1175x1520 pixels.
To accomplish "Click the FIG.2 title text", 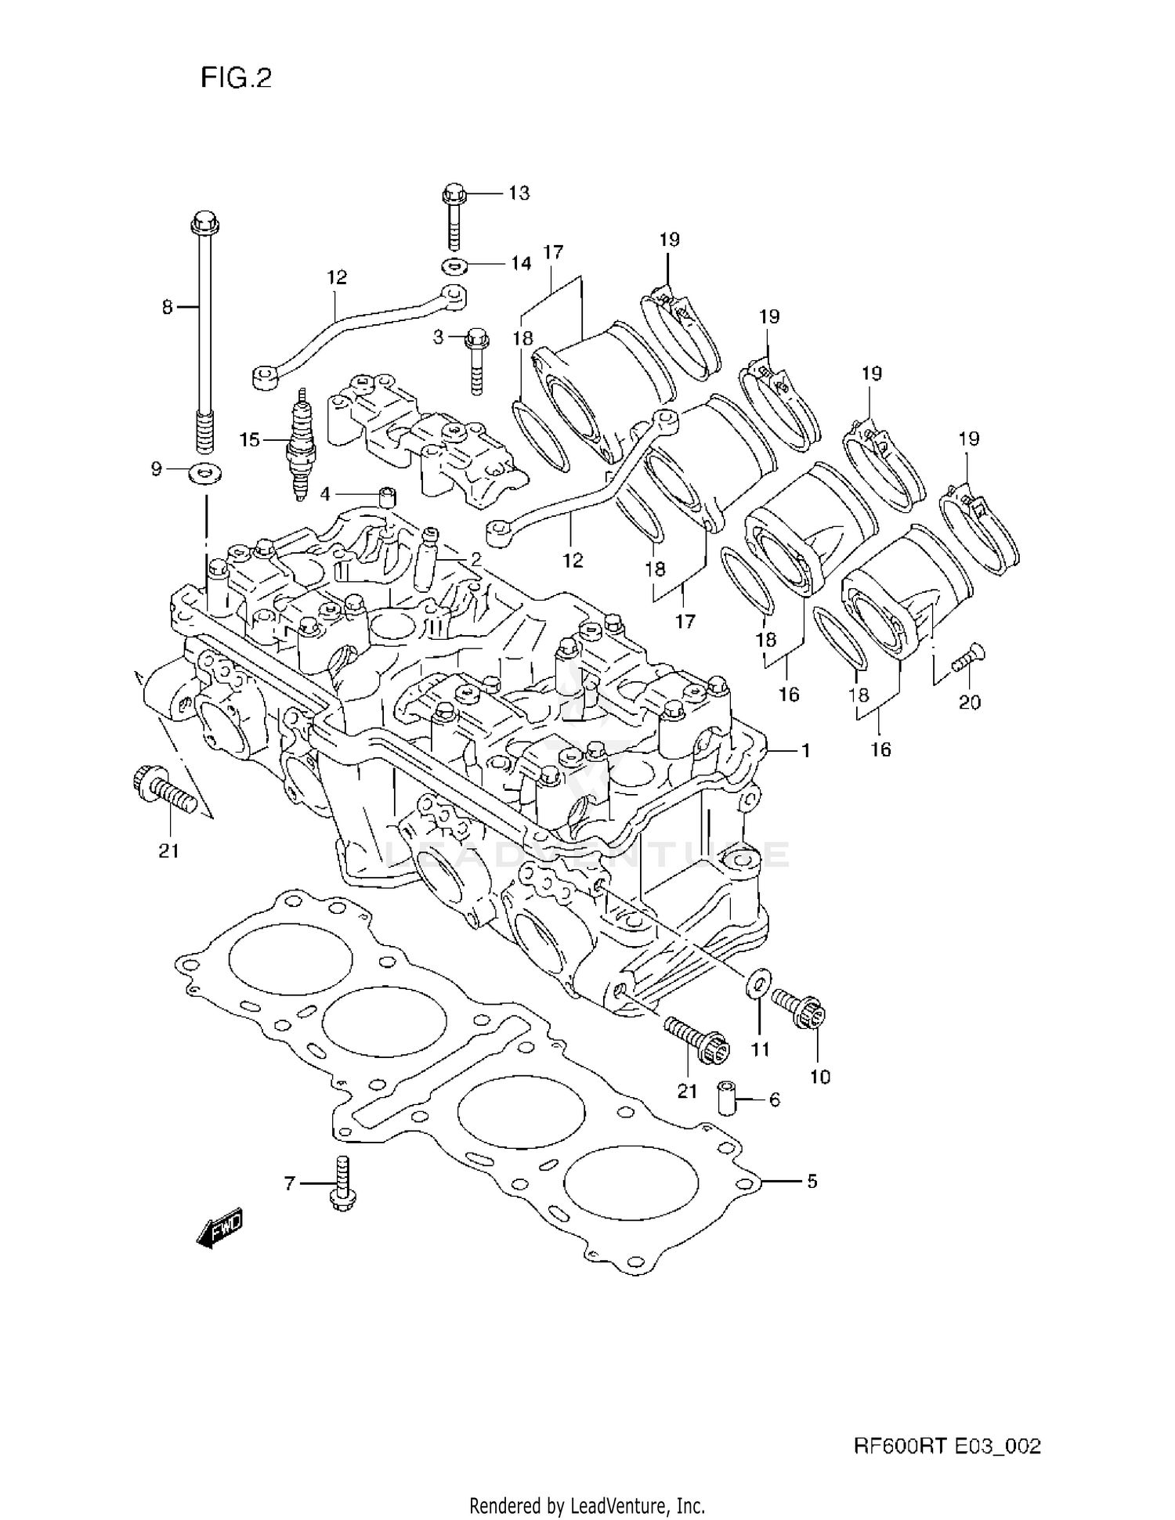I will click(236, 78).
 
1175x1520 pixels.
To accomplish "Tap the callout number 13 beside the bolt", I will click(519, 193).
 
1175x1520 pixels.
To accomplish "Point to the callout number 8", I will click(167, 308).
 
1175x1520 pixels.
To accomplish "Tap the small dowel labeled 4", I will click(386, 496).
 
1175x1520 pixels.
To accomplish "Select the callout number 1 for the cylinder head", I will click(805, 750).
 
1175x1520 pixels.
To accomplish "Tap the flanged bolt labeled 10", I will click(801, 1008).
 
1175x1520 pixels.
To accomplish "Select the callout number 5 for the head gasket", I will click(812, 1180).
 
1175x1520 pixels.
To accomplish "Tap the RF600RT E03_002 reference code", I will click(946, 1446).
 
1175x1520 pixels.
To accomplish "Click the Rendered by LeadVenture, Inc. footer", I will click(587, 1505).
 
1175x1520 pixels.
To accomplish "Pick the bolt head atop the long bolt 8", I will click(203, 222).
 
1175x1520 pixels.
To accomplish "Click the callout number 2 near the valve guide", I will click(475, 559).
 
